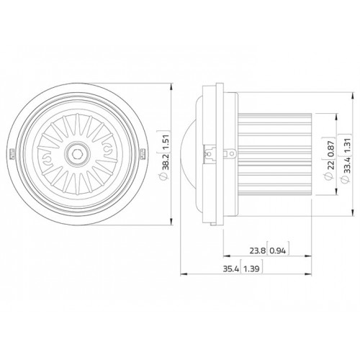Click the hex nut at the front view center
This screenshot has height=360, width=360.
(76, 152)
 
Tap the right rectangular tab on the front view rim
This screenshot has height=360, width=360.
(142, 153)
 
